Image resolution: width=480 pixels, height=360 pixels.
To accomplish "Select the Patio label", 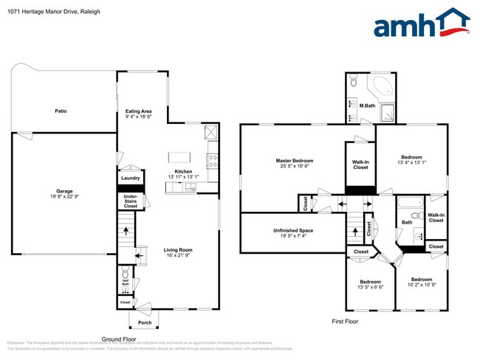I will [61, 111].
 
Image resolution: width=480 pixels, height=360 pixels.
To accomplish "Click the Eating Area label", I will [138, 111].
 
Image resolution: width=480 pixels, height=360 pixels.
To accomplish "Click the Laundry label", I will [131, 178].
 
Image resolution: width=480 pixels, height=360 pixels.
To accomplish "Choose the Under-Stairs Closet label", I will [131, 201].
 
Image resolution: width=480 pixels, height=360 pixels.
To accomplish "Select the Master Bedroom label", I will [295, 161].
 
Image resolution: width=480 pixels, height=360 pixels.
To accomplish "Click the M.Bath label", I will [367, 105].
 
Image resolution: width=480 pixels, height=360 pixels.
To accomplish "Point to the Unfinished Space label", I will [292, 231].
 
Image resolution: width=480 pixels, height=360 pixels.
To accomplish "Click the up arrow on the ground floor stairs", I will [126, 232].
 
